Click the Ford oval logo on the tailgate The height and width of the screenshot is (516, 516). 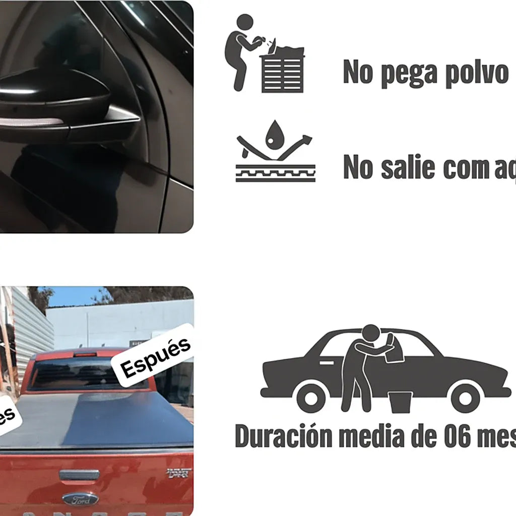[80, 499]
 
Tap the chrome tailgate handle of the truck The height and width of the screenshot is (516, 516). [79, 474]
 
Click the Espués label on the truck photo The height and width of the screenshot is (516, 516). [156, 355]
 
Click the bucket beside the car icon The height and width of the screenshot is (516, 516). [400, 402]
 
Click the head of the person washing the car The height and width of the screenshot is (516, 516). [371, 333]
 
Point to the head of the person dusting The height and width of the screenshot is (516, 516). [245, 23]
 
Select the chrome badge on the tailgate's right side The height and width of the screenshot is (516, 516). [179, 473]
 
